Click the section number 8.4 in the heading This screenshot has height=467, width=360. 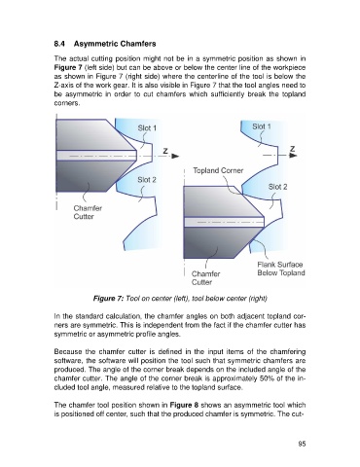pyautogui.click(x=59, y=44)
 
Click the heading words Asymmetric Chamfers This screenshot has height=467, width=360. pyautogui.click(x=115, y=44)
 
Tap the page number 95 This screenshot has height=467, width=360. pyautogui.click(x=302, y=444)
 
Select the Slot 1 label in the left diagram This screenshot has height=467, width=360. pyautogui.click(x=147, y=128)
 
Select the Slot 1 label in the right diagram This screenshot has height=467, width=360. pyautogui.click(x=262, y=126)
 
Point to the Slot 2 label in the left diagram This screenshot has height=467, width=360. pyautogui.click(x=147, y=180)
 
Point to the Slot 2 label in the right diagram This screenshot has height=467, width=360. pyautogui.click(x=277, y=187)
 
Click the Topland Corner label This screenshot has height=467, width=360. pyautogui.click(x=218, y=170)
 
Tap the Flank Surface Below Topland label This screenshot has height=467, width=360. pyautogui.click(x=281, y=269)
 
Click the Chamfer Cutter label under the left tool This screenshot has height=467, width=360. pyautogui.click(x=88, y=212)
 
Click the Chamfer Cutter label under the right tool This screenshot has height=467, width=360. pyautogui.click(x=205, y=278)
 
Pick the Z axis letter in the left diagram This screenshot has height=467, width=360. pyautogui.click(x=165, y=151)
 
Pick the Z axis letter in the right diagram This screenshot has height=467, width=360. pyautogui.click(x=292, y=149)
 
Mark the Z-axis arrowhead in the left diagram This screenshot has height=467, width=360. pyautogui.click(x=175, y=156)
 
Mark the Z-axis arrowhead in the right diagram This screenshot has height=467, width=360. pyautogui.click(x=293, y=156)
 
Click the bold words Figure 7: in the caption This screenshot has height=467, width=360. pyautogui.click(x=108, y=298)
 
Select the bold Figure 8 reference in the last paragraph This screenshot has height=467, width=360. pyautogui.click(x=184, y=405)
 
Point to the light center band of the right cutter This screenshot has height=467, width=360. pyautogui.click(x=224, y=222)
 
